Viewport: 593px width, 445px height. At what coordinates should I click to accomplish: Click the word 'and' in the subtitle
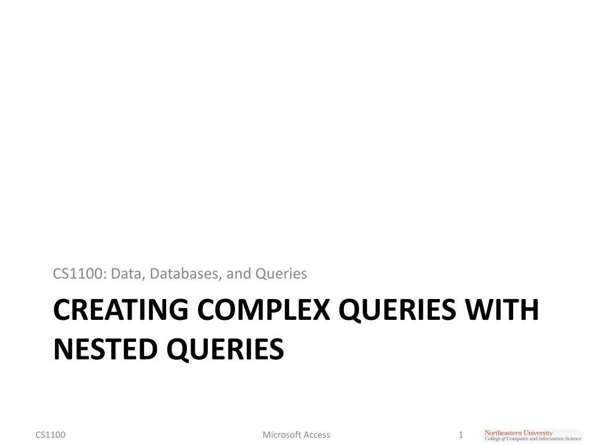click(237, 273)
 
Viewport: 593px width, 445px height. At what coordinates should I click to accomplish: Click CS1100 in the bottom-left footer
click(50, 435)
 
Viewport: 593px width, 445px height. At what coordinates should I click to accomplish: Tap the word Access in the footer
click(317, 435)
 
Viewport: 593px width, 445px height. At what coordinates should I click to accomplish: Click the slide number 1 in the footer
click(461, 435)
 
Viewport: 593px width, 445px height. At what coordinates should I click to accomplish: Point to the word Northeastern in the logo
click(503, 432)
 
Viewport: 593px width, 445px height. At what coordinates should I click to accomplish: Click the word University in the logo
click(537, 432)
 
